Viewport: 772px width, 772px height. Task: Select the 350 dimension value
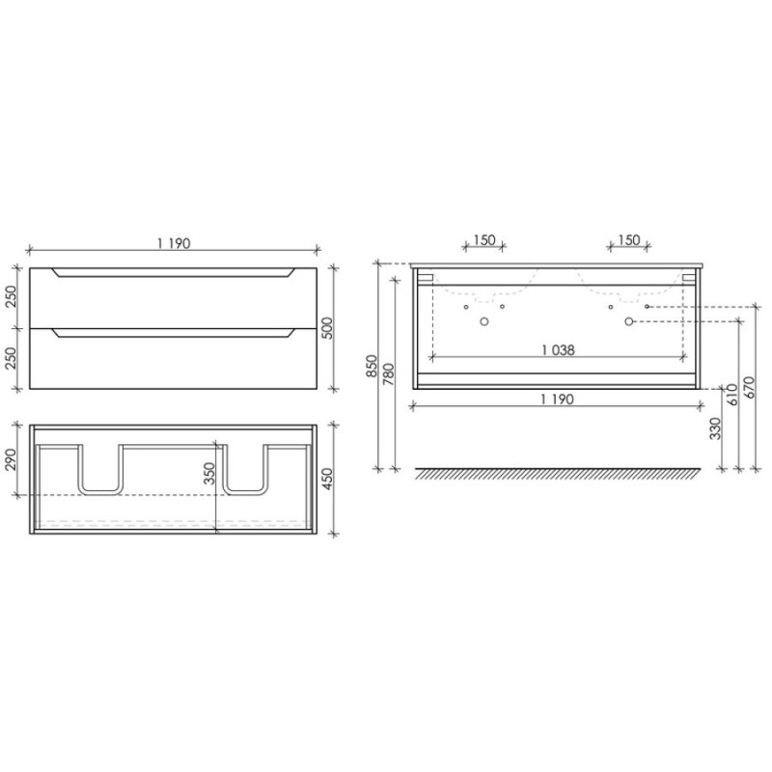[x=209, y=473]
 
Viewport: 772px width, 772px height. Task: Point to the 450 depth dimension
[x=328, y=479]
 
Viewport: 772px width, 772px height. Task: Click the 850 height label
[x=372, y=367]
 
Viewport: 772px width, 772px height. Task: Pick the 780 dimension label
[x=389, y=374]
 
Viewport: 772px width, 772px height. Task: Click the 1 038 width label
[x=558, y=350]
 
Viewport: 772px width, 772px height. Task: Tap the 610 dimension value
[x=733, y=395]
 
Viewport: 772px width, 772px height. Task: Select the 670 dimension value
[x=750, y=388]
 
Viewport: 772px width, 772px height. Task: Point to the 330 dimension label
[x=716, y=428]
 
